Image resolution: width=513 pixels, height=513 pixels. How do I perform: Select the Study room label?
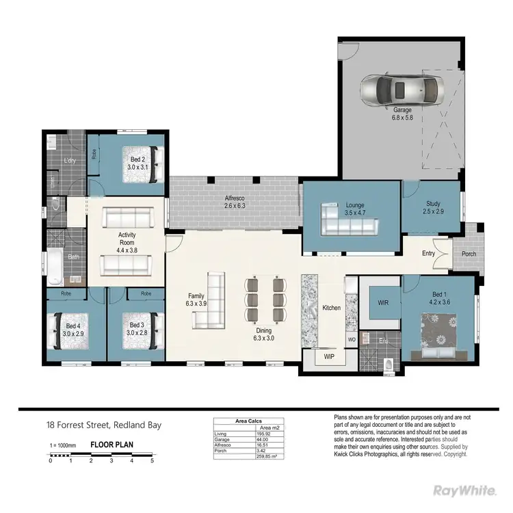coord(433,207)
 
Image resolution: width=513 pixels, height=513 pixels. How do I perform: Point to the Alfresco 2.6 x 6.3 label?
coord(235,202)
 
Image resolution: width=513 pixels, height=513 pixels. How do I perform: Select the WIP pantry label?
coord(328,356)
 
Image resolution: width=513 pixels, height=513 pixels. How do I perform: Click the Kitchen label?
coord(332,308)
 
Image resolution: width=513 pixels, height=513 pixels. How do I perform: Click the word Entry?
coord(428,254)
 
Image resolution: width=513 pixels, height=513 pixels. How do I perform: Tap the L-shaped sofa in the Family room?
coord(209,302)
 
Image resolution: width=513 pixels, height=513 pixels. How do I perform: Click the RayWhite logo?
coord(466,490)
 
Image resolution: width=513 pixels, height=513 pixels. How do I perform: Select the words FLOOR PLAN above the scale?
coord(112,445)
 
